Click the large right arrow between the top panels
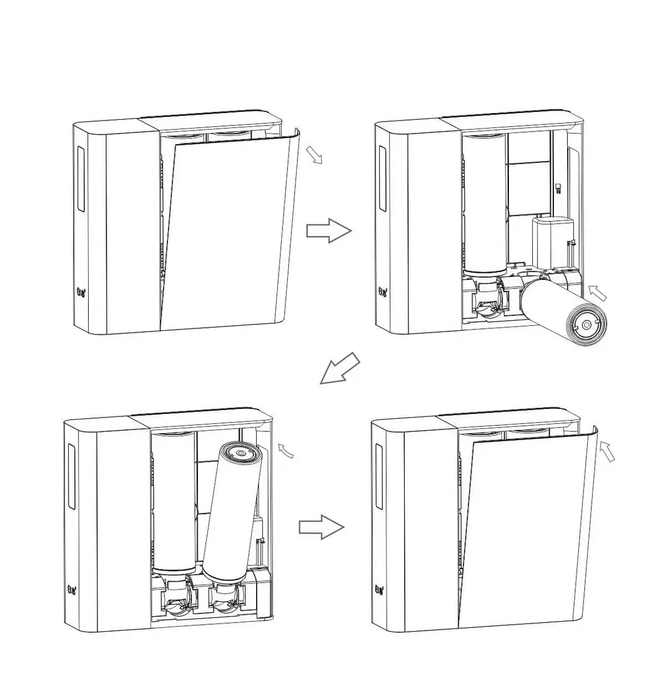[x=329, y=231]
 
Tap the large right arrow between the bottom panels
[x=321, y=527]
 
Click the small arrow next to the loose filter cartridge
[x=598, y=292]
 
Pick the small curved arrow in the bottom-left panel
[x=285, y=450]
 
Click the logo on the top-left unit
[x=81, y=291]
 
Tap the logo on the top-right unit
[x=382, y=292]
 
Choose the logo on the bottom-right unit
[x=379, y=589]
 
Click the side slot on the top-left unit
[x=80, y=179]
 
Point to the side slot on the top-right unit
[x=382, y=180]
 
